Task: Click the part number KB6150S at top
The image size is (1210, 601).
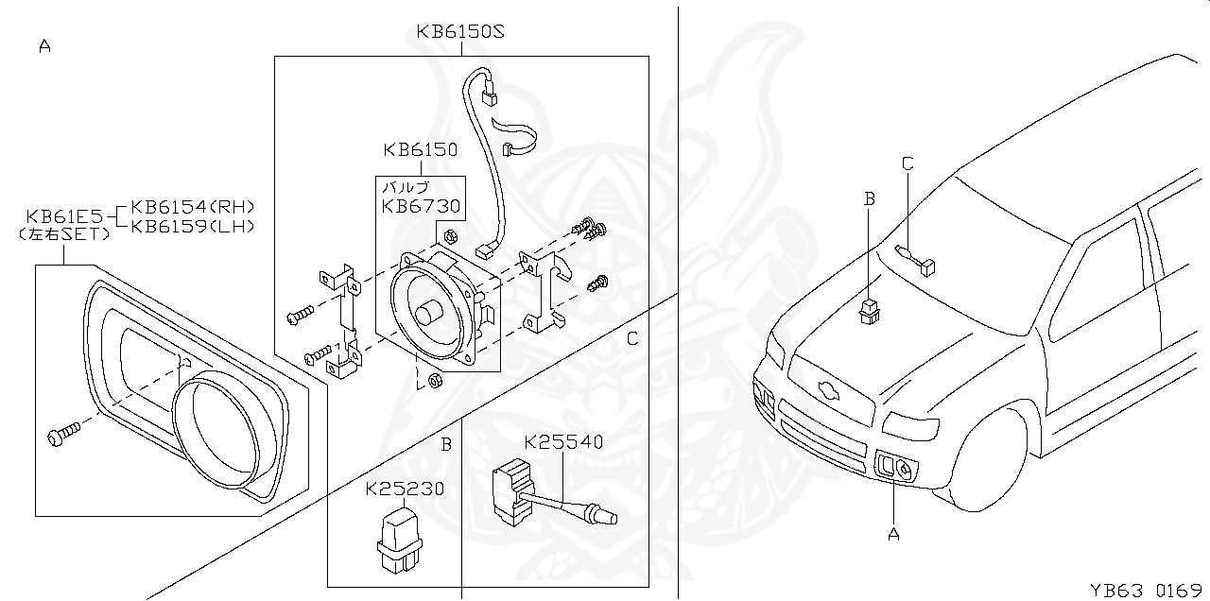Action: (x=460, y=32)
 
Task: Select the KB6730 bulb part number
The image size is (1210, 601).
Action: (x=421, y=205)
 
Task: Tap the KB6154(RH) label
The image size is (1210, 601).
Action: (x=193, y=207)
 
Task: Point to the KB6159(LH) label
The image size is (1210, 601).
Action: (x=193, y=226)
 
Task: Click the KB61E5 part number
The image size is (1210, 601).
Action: (x=64, y=215)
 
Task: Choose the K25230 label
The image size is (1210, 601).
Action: (x=405, y=489)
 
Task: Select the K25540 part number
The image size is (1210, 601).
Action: (x=563, y=441)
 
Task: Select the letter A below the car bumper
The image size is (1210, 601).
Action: (x=893, y=534)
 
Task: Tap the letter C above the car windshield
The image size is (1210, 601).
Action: (x=907, y=163)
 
